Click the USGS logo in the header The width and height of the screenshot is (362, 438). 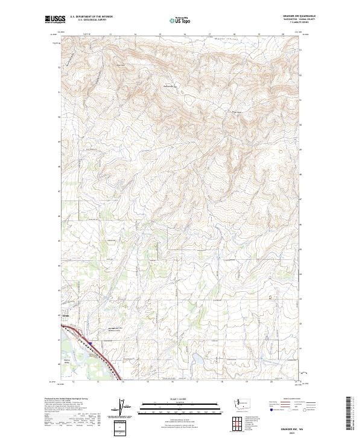click(x=54, y=19)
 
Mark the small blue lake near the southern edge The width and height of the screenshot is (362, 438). click(x=197, y=361)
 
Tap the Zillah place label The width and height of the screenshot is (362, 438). click(x=66, y=315)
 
